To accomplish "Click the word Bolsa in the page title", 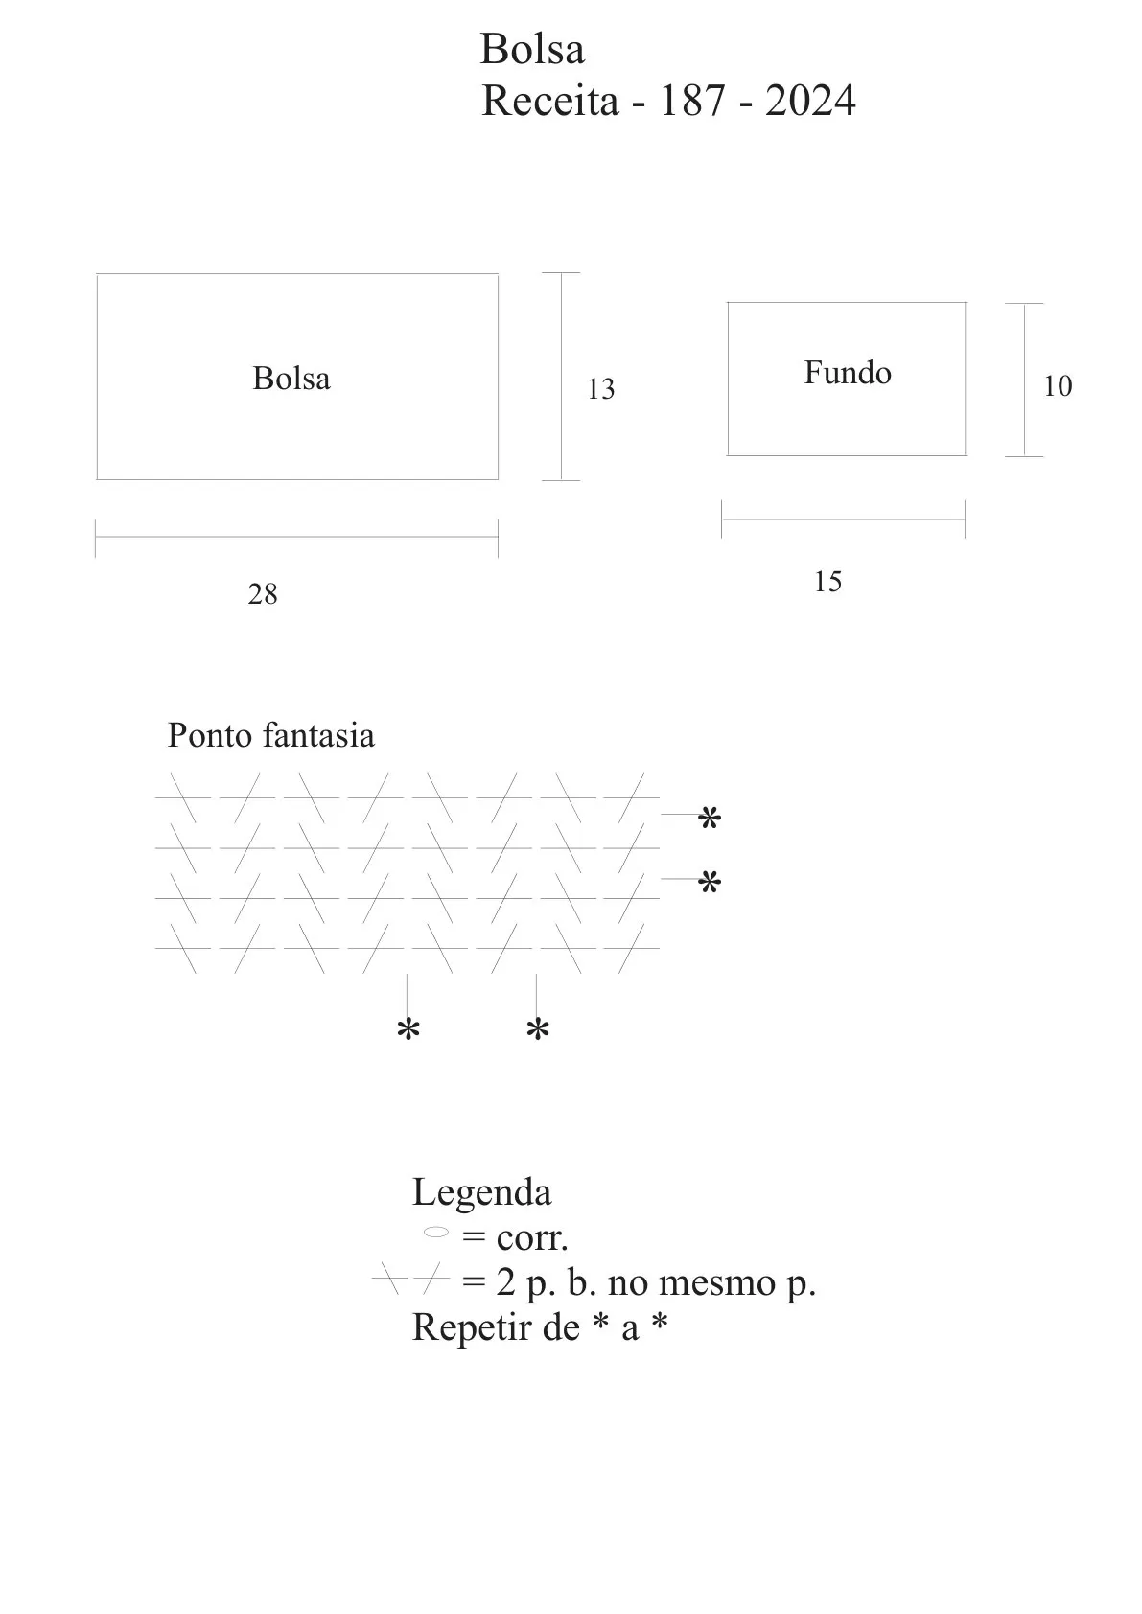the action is (x=532, y=50).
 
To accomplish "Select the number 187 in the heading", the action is (x=692, y=100).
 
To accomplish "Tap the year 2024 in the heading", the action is (x=810, y=100).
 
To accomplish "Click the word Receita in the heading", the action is (x=550, y=100).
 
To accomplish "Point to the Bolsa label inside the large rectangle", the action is (x=291, y=379).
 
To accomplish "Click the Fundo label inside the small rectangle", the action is (x=848, y=373).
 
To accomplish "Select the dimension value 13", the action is (x=600, y=389).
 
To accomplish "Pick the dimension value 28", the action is (x=263, y=593).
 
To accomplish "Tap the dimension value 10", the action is (x=1058, y=386).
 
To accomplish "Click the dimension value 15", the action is (x=827, y=582).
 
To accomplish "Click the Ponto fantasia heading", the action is (x=271, y=736).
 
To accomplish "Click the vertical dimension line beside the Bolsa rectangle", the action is (x=561, y=376).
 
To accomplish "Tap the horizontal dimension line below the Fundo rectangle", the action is (x=844, y=519).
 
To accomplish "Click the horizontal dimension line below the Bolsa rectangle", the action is (x=296, y=537).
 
